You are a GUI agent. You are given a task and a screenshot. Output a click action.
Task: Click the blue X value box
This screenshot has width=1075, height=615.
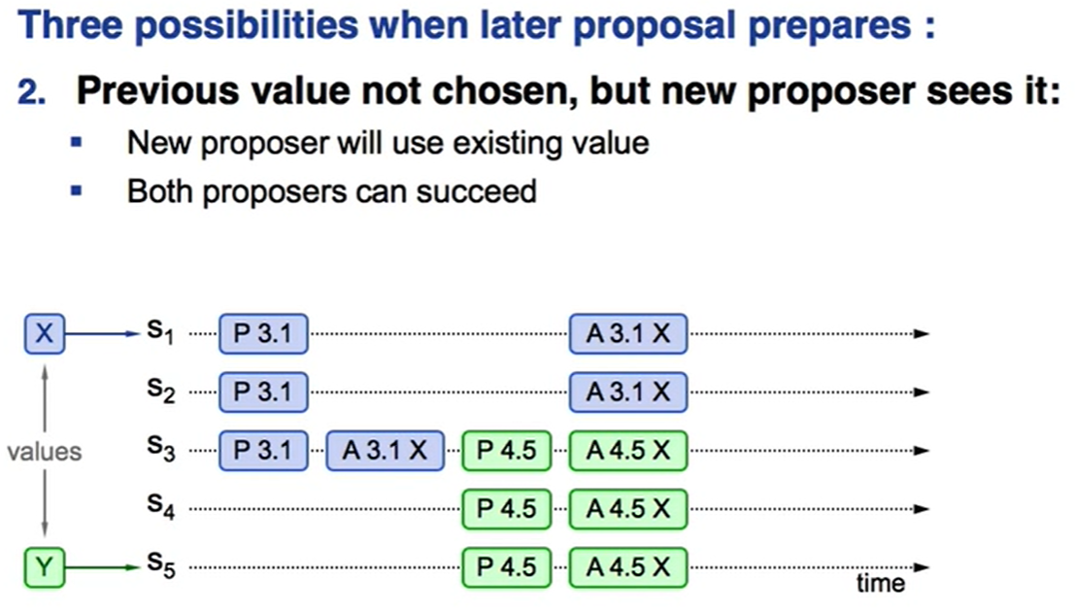45,334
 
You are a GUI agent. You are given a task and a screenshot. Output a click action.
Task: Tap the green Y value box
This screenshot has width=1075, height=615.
45,567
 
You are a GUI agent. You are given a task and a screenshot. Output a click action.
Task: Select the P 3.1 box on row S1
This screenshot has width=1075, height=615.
263,334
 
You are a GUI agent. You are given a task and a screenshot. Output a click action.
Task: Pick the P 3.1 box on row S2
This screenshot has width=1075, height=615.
263,393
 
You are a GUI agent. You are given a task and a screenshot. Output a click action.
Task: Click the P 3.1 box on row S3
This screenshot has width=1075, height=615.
263,451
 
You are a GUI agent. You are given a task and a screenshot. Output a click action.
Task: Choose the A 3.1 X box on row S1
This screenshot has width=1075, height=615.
628,334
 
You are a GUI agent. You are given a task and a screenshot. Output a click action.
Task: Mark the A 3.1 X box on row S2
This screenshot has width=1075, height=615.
628,393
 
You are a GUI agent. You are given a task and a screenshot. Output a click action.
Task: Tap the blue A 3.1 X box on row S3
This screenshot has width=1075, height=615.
385,451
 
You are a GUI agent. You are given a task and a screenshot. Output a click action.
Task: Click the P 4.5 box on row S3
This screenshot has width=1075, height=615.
507,451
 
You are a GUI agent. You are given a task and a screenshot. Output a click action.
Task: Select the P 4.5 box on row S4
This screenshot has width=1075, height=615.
507,509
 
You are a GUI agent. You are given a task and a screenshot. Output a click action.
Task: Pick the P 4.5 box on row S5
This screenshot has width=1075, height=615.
507,567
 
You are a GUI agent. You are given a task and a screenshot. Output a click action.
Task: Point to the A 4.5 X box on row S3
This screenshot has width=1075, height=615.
628,451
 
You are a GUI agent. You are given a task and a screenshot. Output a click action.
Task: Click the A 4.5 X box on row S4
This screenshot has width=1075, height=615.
628,509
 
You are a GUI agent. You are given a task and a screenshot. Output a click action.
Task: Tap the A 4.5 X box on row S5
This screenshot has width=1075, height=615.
628,567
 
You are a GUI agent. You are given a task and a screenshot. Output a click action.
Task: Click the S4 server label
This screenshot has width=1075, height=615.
161,507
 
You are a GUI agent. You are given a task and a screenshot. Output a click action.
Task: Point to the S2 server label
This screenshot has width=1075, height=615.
161,391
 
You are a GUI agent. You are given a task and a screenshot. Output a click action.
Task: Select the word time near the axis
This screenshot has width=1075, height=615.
880,584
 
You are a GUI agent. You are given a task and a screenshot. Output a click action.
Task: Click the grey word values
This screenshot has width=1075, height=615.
45,452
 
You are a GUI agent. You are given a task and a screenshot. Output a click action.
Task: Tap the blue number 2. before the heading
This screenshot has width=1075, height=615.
31,92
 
